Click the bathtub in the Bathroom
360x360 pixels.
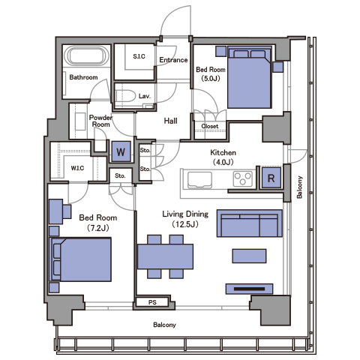87,56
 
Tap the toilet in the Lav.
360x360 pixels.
125,96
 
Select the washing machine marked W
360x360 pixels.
121,151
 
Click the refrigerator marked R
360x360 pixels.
271,178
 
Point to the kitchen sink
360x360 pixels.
199,180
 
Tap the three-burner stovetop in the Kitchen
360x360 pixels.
242,178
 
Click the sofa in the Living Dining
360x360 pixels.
250,223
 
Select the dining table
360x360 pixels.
165,256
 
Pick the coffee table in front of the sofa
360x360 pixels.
249,256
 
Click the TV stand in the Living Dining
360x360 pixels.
249,289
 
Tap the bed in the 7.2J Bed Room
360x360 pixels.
81,259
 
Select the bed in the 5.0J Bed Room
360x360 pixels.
250,77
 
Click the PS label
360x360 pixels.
152,302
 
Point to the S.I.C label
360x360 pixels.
139,56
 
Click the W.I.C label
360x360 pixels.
77,168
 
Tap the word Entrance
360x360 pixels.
173,60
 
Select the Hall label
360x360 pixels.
170,121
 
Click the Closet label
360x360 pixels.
210,126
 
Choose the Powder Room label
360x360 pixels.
100,121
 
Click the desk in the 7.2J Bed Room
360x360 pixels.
56,211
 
